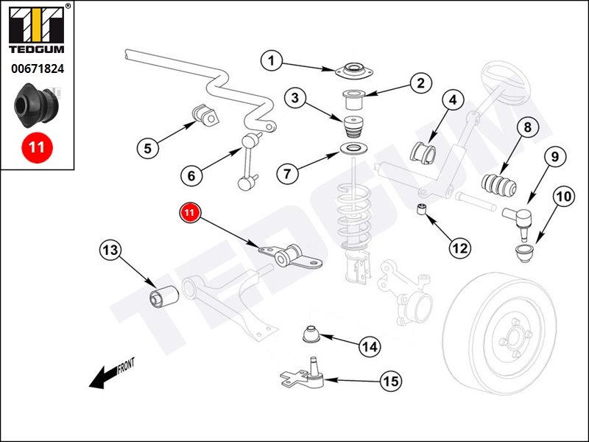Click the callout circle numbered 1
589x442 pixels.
272,61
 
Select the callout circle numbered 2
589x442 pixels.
420,83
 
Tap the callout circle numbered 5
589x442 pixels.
147,148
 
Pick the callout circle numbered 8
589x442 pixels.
527,127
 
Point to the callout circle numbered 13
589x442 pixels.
110,250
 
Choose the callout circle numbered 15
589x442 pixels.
391,381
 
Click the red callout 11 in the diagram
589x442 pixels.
190,213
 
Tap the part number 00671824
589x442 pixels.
37,69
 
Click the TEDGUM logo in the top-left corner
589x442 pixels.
37,30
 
